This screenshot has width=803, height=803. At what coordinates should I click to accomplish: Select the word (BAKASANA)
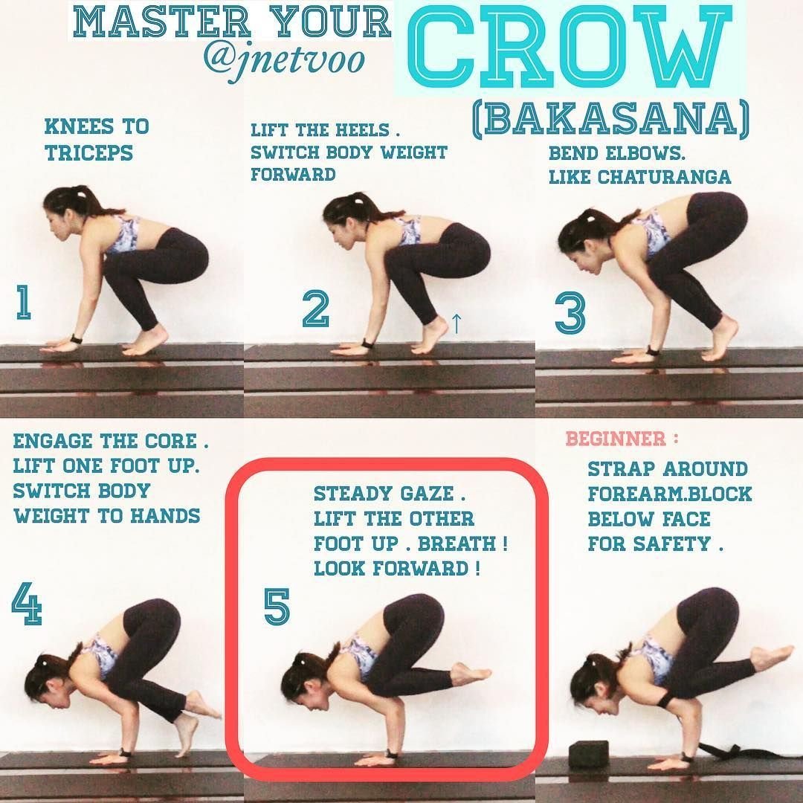[610, 121]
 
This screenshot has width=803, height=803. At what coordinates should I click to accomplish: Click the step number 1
[23, 302]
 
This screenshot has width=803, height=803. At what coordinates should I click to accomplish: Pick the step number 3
[570, 312]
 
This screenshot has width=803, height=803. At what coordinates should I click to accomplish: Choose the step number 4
[27, 603]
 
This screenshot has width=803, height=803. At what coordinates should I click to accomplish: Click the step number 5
[277, 606]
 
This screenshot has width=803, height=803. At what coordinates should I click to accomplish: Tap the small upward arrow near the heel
[457, 323]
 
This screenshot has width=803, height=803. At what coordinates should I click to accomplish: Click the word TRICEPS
[89, 152]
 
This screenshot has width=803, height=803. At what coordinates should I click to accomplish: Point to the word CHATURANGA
[664, 177]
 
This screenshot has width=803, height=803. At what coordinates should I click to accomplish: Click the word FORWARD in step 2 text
[293, 174]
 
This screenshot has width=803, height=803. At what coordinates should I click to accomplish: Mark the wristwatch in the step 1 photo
[77, 339]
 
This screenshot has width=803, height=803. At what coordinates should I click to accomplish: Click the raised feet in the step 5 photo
[471, 674]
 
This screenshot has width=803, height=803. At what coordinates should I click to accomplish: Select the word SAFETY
[672, 544]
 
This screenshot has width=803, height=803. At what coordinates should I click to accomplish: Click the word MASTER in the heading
[162, 22]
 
